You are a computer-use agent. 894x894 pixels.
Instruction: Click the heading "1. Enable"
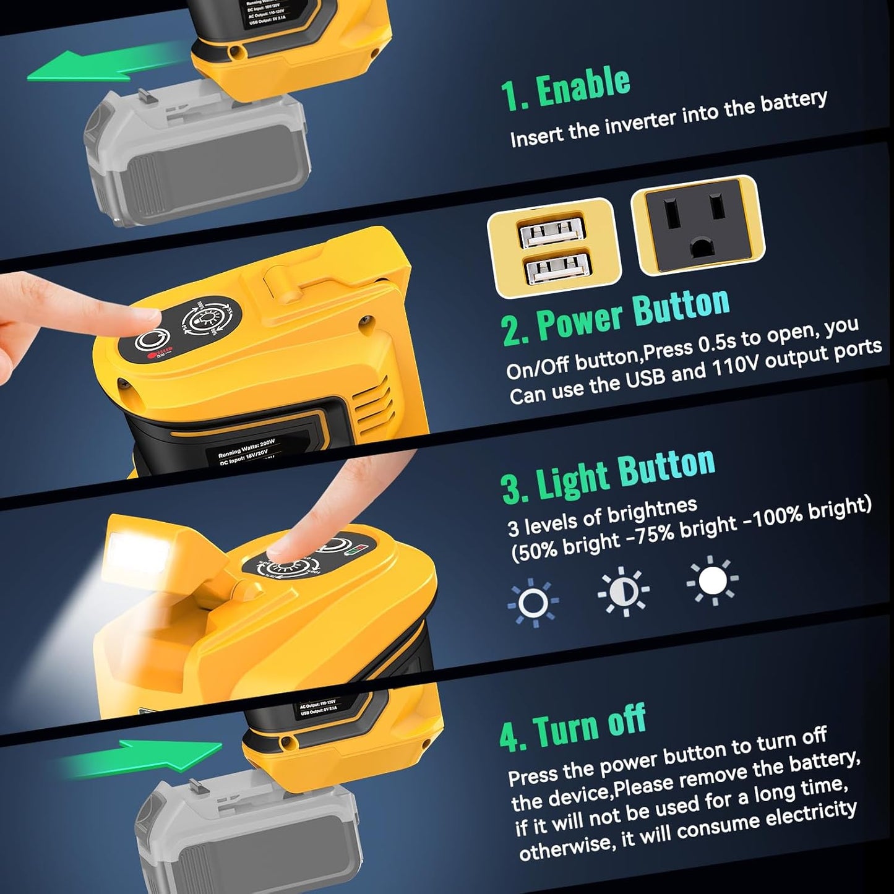(x=565, y=89)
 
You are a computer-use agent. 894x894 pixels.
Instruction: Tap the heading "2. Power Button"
(x=616, y=316)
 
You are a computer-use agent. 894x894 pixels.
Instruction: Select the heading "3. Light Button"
(x=608, y=475)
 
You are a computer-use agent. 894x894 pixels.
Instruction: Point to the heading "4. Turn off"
(x=572, y=728)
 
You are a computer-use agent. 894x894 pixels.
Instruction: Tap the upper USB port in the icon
(x=552, y=233)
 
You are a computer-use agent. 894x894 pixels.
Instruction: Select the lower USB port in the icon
(x=556, y=270)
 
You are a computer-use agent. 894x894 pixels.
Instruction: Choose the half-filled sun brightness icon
(x=623, y=591)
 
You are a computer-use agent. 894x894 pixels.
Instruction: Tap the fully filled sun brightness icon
(x=712, y=580)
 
